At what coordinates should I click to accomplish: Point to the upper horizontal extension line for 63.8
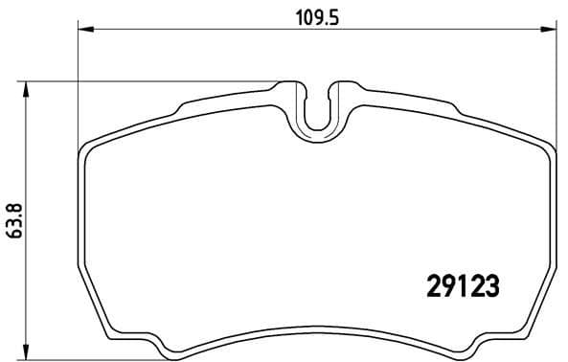[144, 81]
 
